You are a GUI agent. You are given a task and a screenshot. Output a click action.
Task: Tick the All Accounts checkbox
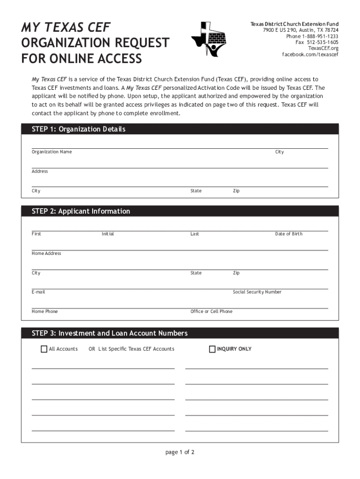pyautogui.click(x=44, y=349)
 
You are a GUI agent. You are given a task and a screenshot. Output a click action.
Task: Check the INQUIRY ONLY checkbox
pyautogui.click(x=212, y=349)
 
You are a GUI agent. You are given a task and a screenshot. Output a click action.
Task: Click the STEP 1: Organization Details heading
pyautogui.click(x=79, y=129)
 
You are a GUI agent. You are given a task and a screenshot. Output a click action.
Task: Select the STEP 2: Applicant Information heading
pyautogui.click(x=81, y=211)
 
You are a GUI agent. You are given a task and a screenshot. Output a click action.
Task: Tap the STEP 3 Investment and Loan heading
pyautogui.click(x=109, y=333)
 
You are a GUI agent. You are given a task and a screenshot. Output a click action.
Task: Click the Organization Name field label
pyautogui.click(x=52, y=152)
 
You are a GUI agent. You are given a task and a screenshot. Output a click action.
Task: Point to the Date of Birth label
pyautogui.click(x=288, y=234)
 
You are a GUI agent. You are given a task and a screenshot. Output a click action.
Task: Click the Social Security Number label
pyautogui.click(x=257, y=292)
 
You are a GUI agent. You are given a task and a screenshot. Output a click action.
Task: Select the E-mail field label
pyautogui.click(x=38, y=292)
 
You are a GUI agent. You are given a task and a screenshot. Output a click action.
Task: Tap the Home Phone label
pyautogui.click(x=45, y=312)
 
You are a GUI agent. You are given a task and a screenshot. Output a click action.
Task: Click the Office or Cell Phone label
pyautogui.click(x=211, y=312)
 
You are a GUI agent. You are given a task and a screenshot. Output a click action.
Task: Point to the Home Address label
pyautogui.click(x=46, y=254)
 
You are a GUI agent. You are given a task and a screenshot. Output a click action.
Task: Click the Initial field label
pyautogui.click(x=108, y=234)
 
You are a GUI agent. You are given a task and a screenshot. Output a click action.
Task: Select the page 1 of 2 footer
pyautogui.click(x=180, y=452)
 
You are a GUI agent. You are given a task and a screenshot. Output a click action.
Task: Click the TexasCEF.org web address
pyautogui.click(x=323, y=48)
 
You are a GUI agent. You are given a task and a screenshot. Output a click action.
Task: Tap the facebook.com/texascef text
pyautogui.click(x=310, y=54)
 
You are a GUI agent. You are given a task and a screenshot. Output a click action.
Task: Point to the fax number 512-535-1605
pyautogui.click(x=323, y=42)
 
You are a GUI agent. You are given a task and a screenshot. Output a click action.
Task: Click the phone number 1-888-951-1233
pyautogui.click(x=320, y=36)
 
